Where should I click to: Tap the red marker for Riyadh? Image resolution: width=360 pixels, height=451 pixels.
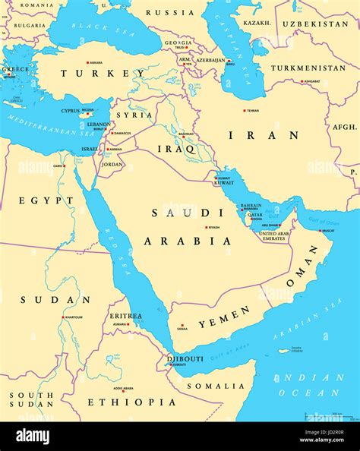(205, 227)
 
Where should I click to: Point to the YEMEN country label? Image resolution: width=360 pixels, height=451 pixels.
(224, 317)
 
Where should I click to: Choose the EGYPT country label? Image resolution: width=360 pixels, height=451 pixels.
(46, 200)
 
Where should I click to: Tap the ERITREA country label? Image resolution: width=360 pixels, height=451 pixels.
(125, 316)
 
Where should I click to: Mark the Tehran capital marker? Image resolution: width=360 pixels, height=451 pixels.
(245, 110)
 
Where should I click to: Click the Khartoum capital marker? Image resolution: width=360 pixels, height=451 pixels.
(64, 317)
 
